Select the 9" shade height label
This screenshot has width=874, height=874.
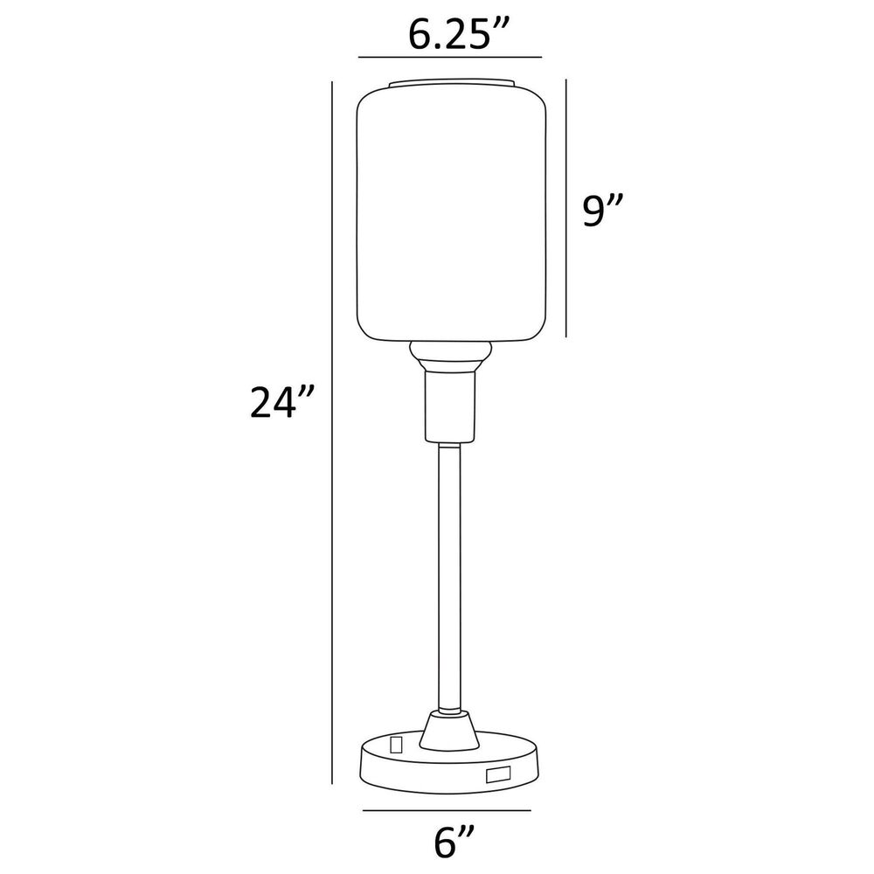[601, 210]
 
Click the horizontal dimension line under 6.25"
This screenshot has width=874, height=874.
[450, 57]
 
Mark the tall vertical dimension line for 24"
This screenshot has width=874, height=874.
[332, 433]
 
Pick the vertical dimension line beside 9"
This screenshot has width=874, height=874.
[566, 208]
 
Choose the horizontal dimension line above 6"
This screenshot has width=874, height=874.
[447, 810]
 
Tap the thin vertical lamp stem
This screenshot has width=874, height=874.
[450, 577]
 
